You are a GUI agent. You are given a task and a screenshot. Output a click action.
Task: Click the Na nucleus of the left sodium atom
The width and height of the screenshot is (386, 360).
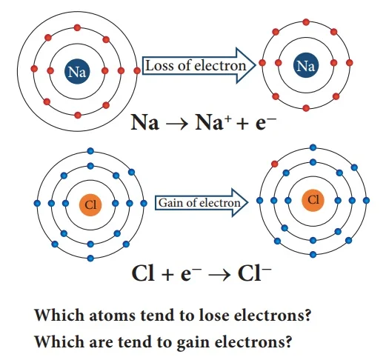[x=77, y=71]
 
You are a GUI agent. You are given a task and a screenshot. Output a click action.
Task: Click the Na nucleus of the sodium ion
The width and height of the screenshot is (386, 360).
[x=306, y=65]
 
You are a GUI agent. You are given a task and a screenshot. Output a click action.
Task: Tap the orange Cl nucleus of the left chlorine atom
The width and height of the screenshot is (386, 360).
[x=90, y=204]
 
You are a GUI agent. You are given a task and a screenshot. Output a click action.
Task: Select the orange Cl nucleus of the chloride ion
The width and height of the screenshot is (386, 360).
[x=313, y=200]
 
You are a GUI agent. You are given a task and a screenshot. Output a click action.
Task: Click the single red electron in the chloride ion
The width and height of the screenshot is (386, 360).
[x=274, y=164]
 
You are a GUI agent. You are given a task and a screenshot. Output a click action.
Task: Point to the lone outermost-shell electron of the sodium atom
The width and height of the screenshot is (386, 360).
[x=137, y=71]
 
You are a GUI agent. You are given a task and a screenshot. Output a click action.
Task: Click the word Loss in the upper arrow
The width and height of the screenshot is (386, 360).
[x=155, y=66]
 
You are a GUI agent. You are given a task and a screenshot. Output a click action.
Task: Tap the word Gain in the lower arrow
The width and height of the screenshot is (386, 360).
[x=167, y=203]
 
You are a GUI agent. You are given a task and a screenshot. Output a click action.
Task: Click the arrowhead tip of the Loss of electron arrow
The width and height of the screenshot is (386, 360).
[x=256, y=65]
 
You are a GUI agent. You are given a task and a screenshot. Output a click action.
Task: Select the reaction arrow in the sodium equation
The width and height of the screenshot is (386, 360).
[x=177, y=123]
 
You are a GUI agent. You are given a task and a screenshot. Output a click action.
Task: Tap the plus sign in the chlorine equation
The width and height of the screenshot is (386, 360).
[x=168, y=274]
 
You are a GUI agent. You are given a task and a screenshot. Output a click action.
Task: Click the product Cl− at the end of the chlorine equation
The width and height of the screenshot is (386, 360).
[x=255, y=273]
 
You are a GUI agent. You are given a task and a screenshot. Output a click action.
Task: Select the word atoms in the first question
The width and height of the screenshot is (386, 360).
[x=112, y=316]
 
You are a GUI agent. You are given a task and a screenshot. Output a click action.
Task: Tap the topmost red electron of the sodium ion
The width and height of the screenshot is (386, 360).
[x=306, y=22]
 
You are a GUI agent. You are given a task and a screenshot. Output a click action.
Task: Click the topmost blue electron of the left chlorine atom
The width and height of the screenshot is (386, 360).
[x=90, y=151]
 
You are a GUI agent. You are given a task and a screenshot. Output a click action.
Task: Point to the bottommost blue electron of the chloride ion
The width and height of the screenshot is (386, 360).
[x=313, y=254]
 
